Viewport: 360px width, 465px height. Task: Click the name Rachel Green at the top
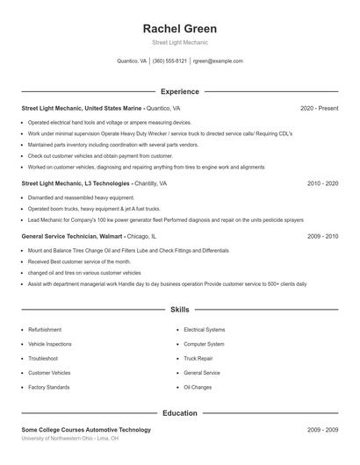click(179, 28)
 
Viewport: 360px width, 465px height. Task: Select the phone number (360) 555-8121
click(169, 61)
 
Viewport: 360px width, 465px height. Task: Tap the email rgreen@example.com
click(218, 61)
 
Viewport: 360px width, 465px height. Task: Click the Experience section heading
click(179, 91)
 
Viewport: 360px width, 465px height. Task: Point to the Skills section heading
click(179, 310)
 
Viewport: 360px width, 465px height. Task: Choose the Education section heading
click(179, 412)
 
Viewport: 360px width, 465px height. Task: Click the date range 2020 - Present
click(319, 108)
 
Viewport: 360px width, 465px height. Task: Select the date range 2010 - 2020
click(322, 183)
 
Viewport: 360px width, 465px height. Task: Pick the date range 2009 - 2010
click(322, 236)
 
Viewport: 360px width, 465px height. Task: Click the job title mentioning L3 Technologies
click(75, 183)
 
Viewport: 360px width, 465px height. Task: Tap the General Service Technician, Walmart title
click(73, 236)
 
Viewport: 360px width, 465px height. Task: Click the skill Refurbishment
click(45, 330)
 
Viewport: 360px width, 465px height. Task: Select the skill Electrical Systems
click(205, 330)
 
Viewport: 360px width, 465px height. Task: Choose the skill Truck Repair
click(198, 358)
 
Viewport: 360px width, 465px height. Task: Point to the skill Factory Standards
click(48, 387)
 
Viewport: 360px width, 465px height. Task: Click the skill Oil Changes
click(198, 387)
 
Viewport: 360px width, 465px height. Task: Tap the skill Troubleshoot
click(43, 358)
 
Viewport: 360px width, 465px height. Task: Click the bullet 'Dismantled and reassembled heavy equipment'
click(81, 198)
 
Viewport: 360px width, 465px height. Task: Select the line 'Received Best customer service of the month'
click(79, 261)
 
